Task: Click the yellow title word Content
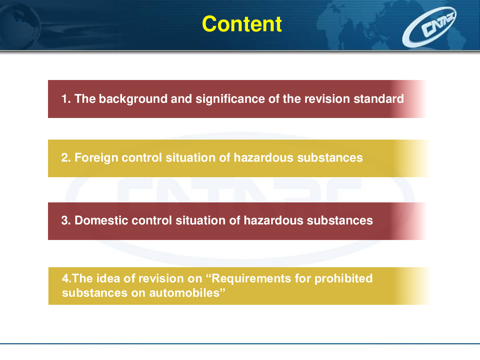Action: click(242, 24)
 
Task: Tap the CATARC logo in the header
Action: click(429, 27)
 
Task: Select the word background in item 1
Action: click(133, 99)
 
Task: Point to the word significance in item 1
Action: click(230, 99)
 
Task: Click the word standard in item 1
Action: click(378, 99)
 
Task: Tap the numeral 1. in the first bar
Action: click(66, 99)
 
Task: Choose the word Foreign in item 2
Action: click(96, 158)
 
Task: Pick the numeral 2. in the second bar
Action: click(66, 158)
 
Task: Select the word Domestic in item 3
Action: click(101, 220)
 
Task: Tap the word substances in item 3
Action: click(340, 220)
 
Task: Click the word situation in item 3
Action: click(200, 220)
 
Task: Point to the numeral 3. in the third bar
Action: click(66, 220)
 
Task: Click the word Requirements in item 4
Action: click(251, 279)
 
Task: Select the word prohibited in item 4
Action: click(344, 279)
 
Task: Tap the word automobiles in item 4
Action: click(184, 293)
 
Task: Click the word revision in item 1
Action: click(327, 99)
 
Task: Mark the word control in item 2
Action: click(142, 158)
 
